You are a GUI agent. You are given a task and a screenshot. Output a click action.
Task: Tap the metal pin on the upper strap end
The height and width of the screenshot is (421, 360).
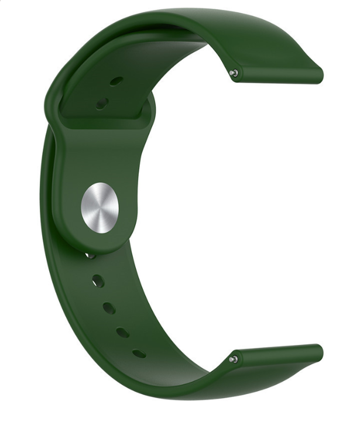(234, 73)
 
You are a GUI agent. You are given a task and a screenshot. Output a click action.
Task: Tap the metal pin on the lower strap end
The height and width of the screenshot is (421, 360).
(234, 358)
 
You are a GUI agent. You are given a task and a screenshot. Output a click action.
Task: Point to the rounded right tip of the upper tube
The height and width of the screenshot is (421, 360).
(320, 74)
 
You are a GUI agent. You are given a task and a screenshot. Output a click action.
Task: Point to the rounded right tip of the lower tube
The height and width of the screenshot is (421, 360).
(320, 353)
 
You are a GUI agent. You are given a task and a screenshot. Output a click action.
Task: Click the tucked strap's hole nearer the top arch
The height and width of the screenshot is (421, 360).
(116, 81)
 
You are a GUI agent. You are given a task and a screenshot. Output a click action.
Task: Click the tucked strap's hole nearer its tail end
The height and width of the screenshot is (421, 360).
(102, 104)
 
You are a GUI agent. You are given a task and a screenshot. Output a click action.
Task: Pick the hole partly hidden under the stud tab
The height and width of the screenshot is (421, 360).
(91, 255)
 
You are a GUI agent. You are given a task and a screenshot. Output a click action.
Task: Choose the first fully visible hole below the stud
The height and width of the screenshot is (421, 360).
(98, 282)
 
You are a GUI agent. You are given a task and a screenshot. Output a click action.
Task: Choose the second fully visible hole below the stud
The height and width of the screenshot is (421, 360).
(109, 307)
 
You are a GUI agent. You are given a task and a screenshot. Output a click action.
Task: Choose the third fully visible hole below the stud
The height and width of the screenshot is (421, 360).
(122, 332)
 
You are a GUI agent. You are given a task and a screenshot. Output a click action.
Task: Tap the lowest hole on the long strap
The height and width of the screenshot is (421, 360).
(139, 354)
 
